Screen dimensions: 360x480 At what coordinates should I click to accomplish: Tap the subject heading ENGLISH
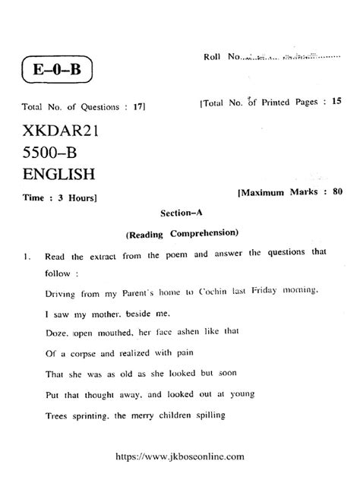tap(59, 175)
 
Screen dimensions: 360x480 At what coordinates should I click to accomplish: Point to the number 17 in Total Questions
tap(137, 107)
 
